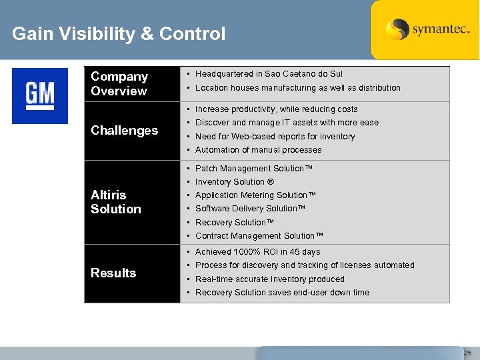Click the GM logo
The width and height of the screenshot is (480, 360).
40,95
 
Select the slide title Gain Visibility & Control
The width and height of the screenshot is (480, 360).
119,34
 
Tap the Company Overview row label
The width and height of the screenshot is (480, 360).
119,83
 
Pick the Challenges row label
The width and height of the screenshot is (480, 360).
124,131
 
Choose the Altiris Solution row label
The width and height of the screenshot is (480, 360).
116,201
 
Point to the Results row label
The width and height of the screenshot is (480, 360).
113,273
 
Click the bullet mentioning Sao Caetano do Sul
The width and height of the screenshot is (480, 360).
269,74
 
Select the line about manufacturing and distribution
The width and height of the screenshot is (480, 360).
297,88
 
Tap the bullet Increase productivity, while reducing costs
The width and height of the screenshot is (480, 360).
276,109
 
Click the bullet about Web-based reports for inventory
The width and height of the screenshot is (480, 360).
275,137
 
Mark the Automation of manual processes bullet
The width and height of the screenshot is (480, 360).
258,150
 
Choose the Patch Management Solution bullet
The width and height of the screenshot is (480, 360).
253,169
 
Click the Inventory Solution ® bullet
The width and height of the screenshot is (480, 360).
235,182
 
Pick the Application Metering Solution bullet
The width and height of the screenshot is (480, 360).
255,195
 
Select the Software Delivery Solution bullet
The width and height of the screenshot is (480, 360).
250,209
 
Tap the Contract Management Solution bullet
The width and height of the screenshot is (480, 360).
259,236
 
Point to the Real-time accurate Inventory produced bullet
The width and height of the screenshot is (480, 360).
269,279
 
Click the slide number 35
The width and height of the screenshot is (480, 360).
467,353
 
